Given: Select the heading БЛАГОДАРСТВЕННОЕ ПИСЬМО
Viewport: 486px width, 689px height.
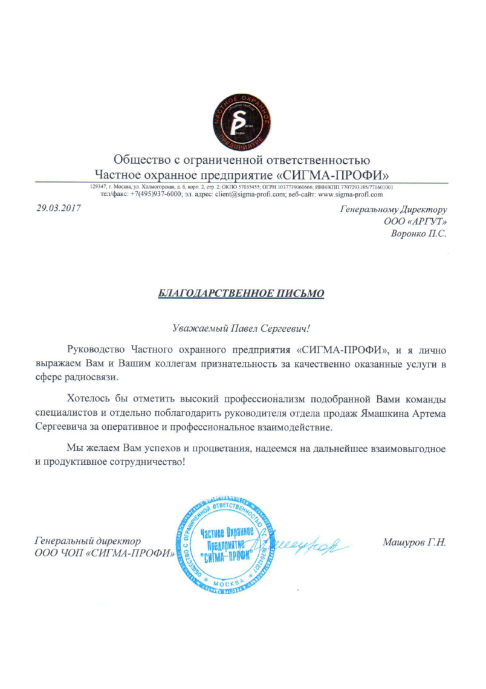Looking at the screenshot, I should [242, 294].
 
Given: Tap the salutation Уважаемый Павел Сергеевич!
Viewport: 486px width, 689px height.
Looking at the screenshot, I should [242, 329].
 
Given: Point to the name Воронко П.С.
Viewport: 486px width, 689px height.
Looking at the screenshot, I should [419, 234].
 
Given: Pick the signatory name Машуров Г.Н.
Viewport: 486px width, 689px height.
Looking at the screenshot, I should [415, 542].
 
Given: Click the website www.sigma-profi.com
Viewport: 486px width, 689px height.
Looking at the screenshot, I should [351, 195].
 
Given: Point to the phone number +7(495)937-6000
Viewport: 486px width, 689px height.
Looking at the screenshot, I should [155, 195].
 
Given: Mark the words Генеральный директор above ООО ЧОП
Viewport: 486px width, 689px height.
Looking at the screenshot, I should [88, 542].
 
